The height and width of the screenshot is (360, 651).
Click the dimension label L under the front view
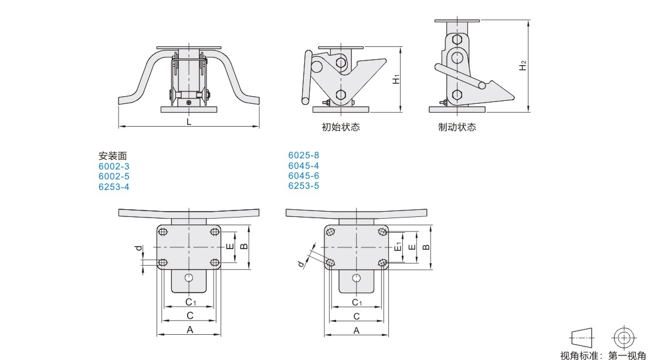189,121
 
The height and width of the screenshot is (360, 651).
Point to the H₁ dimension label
396,79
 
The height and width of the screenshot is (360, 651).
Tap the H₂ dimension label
523,66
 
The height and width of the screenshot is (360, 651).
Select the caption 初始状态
341,127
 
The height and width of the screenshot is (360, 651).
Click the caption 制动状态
457,127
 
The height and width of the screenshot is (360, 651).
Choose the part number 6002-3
114,167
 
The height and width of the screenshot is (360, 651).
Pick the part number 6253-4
114,186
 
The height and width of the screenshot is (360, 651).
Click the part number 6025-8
304,156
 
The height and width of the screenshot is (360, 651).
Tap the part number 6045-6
304,176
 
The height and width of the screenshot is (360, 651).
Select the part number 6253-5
304,186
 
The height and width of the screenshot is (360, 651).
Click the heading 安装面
113,156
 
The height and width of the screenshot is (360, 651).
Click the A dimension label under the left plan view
189,330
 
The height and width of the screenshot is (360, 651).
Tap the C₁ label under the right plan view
357,302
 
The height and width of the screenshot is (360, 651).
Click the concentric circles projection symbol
623,337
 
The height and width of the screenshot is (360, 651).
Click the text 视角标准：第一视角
603,355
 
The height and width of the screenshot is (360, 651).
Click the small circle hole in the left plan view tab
189,277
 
